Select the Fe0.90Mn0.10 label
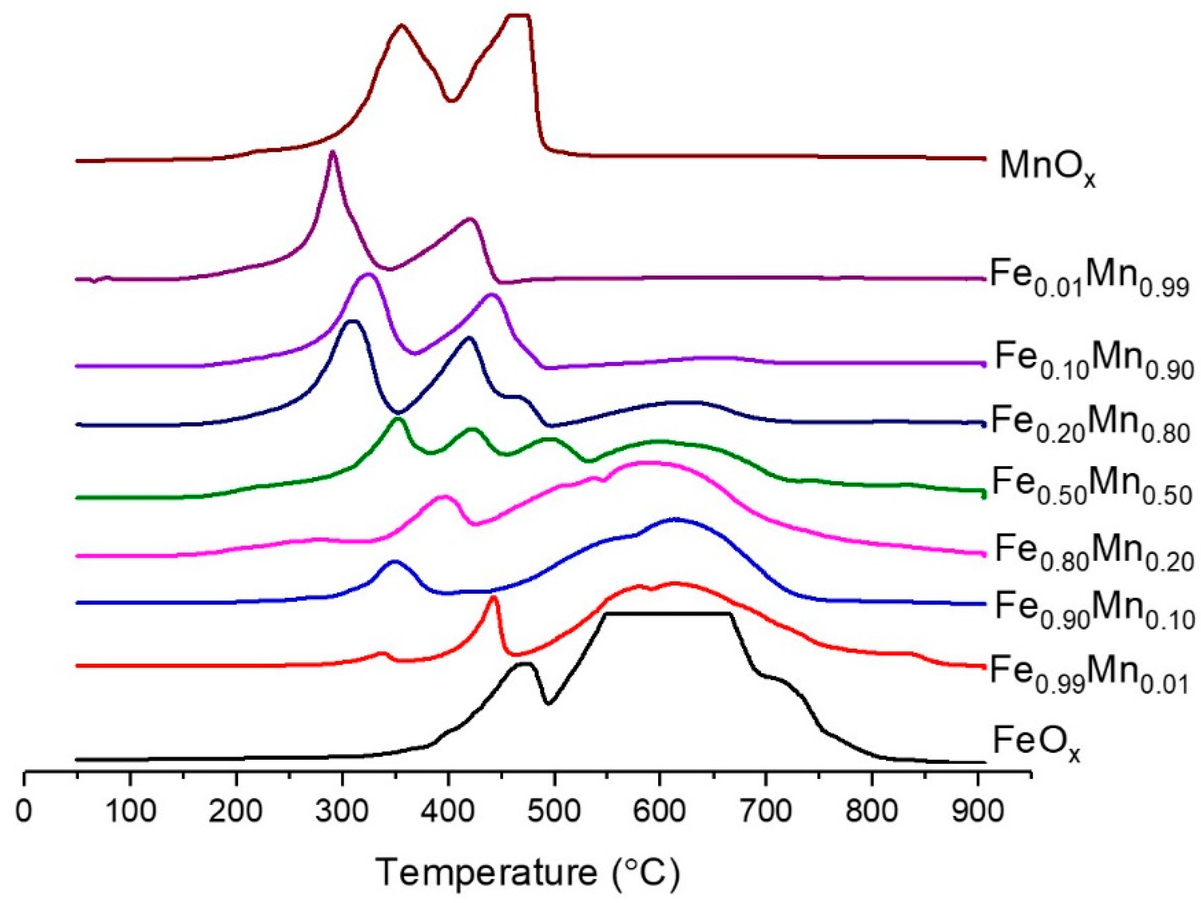1093,611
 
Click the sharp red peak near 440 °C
493,597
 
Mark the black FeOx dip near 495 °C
548,704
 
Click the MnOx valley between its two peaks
450,100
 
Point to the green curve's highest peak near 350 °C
399,419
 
